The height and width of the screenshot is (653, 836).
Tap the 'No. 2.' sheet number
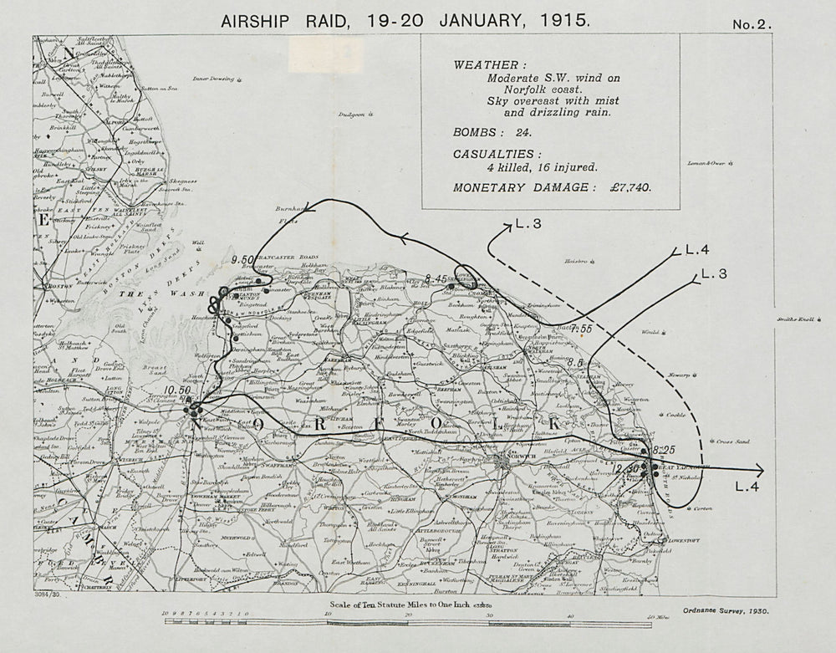pyautogui.click(x=752, y=25)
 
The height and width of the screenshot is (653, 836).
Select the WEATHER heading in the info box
pyautogui.click(x=490, y=64)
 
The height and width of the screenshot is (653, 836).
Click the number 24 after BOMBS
pyautogui.click(x=519, y=132)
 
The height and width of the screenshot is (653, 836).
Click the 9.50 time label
pyautogui.click(x=242, y=260)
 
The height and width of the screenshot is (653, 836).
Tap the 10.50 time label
pyautogui.click(x=179, y=390)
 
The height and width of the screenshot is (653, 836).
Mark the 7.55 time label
pyautogui.click(x=581, y=328)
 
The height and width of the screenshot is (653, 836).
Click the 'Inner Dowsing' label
pyautogui.click(x=212, y=79)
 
